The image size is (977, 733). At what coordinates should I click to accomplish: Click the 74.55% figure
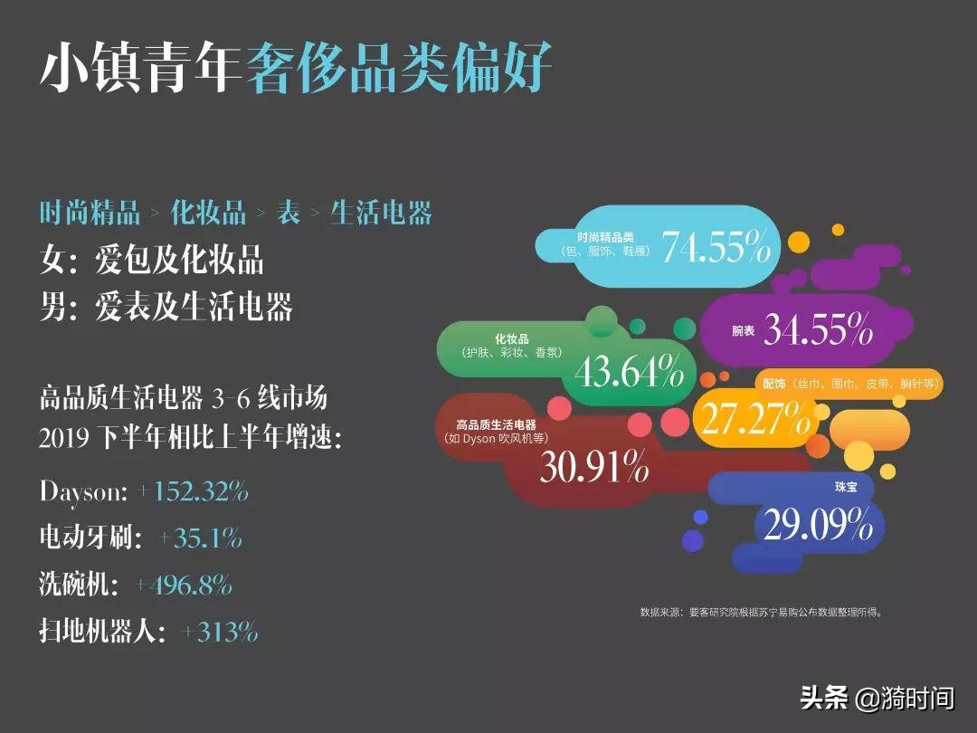(716, 247)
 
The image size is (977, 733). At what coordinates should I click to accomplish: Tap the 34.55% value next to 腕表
(818, 329)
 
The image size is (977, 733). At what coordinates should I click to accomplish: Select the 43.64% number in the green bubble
(630, 371)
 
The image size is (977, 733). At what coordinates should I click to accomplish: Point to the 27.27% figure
(755, 417)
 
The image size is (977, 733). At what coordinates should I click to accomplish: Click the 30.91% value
(594, 467)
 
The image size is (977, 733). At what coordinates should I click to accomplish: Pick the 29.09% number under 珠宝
(818, 524)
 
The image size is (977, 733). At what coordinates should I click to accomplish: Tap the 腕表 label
(743, 331)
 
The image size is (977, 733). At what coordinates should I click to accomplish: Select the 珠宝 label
(846, 487)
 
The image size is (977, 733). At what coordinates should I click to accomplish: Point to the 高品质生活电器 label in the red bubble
(497, 424)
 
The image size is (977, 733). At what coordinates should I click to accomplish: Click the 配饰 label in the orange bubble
(773, 384)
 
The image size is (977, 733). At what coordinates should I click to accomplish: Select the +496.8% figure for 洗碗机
(184, 585)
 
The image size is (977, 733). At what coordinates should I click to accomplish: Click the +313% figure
(220, 632)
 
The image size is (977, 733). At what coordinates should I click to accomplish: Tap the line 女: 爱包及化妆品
(152, 262)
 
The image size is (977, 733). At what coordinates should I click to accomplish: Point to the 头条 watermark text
(823, 698)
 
